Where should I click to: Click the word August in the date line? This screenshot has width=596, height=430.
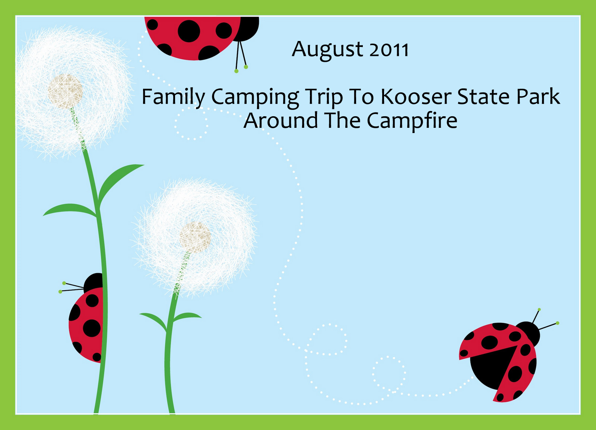coord(327,51)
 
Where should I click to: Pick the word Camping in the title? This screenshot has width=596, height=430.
coord(255,98)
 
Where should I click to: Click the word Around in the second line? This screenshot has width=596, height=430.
coord(281,120)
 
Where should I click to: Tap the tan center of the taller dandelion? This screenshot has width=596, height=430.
coord(65,91)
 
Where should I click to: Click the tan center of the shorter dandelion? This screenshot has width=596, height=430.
coord(195,237)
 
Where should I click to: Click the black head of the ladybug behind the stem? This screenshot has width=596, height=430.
coord(93,282)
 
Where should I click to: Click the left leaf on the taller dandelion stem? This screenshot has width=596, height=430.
coord(70,210)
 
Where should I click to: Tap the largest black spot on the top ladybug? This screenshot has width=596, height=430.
coord(189,31)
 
